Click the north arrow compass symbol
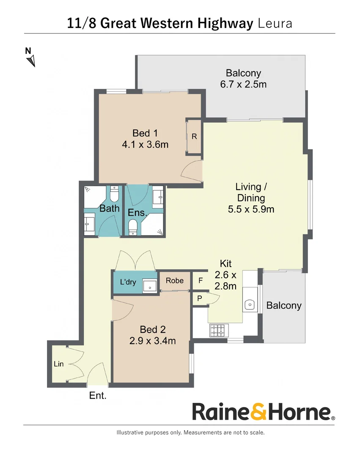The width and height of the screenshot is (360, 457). (31, 61)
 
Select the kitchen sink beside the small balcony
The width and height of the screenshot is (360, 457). (250, 305)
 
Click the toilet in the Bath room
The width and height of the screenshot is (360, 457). (114, 194)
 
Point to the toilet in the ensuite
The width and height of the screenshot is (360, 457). (133, 228)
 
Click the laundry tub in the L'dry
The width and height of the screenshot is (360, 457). (150, 286)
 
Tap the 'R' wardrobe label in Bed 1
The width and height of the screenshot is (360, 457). (194, 136)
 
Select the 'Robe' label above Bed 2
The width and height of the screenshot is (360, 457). (174, 281)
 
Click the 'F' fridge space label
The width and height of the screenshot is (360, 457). (201, 281)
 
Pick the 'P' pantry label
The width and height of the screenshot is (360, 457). (200, 298)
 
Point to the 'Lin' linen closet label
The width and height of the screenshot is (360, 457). (58, 364)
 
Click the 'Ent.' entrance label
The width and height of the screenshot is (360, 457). (98, 396)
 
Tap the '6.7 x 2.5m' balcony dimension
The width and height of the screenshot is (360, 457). (243, 84)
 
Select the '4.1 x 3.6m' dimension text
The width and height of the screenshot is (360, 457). (145, 144)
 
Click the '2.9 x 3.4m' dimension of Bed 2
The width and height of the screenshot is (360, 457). (153, 341)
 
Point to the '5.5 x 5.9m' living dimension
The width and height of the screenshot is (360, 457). (251, 209)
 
